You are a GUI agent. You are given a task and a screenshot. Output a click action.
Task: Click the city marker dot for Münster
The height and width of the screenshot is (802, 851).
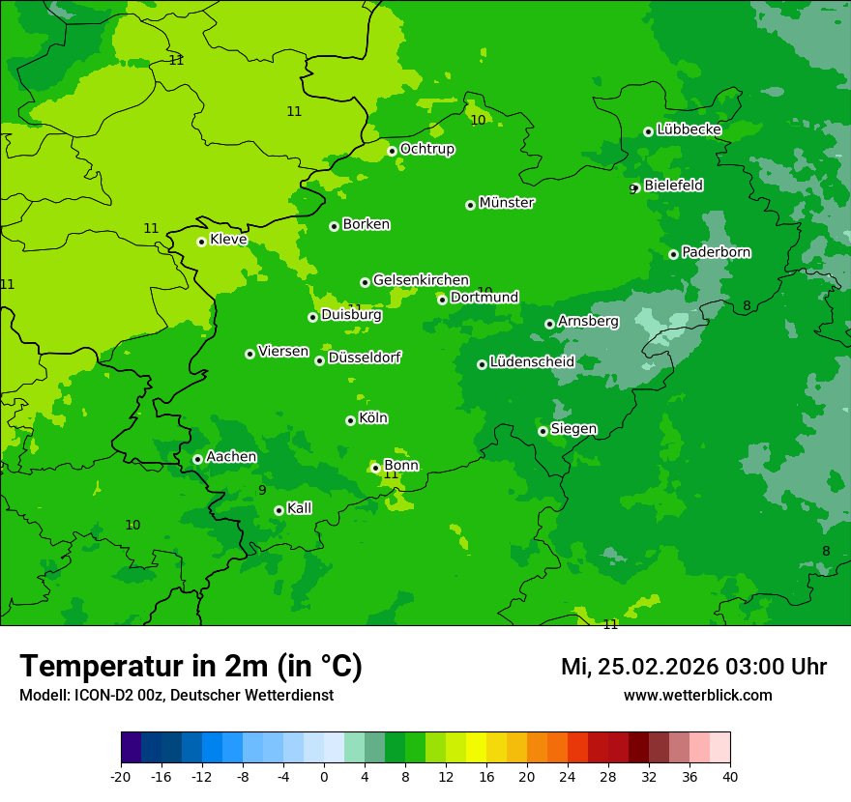click(471, 205)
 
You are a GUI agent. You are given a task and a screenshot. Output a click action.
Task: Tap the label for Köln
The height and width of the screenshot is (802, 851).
click(373, 418)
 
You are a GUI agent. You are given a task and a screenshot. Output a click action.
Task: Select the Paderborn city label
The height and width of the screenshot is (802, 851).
click(716, 252)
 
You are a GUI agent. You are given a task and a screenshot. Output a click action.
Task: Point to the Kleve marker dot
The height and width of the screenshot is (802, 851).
click(201, 242)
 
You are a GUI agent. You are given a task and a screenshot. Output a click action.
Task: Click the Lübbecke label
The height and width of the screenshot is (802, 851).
click(689, 129)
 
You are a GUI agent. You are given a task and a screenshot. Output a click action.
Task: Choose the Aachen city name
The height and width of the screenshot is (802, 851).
click(231, 456)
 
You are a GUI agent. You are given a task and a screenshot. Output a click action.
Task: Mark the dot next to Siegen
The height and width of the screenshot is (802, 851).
click(543, 431)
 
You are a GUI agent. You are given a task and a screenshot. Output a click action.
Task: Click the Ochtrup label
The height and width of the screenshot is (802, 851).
click(426, 149)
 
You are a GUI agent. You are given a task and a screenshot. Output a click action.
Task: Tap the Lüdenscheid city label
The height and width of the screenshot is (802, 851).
click(532, 362)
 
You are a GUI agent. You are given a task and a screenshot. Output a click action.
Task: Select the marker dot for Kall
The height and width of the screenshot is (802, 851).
click(279, 510)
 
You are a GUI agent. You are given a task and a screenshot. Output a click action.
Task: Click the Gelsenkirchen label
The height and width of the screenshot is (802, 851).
click(421, 280)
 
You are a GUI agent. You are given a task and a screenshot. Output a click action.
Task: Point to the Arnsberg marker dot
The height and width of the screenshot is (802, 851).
click(549, 324)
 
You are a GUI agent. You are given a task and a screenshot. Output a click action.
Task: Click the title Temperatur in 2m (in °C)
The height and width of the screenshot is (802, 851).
click(191, 667)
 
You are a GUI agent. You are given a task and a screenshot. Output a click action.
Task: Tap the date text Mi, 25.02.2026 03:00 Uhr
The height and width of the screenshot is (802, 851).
click(693, 667)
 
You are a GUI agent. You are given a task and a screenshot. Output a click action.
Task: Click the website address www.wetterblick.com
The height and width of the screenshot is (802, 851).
click(697, 696)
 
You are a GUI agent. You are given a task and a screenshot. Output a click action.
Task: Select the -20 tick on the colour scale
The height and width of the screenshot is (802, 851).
click(121, 776)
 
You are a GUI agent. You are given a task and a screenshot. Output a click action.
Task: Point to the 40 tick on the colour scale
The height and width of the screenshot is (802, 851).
click(730, 776)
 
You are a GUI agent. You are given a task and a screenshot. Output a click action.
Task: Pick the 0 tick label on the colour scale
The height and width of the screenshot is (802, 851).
click(324, 776)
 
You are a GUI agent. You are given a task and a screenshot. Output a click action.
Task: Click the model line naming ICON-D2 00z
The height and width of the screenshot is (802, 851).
click(176, 696)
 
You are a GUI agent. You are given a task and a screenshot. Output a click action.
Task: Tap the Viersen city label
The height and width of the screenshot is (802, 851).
click(282, 352)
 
